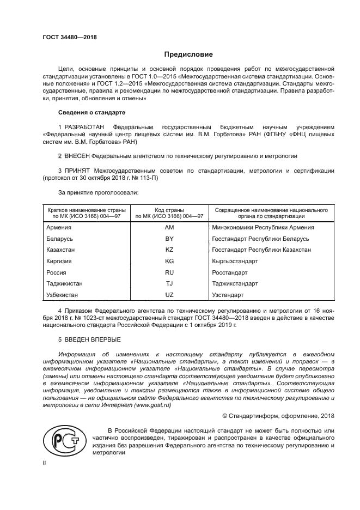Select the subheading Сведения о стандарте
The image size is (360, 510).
pos(91,112)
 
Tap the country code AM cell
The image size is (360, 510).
pos(169,227)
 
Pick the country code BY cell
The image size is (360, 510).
pos(169,239)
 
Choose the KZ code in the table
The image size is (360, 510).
pos(169,250)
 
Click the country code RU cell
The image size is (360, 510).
pos(169,272)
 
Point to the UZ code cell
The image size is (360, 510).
pos(169,294)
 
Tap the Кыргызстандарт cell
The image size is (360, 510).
pos(235,261)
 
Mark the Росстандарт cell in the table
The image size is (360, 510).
pos(230,272)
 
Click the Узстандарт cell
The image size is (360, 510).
pos(228,294)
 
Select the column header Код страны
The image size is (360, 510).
pos(169,210)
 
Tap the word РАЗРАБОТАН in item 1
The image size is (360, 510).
pos(82,127)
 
